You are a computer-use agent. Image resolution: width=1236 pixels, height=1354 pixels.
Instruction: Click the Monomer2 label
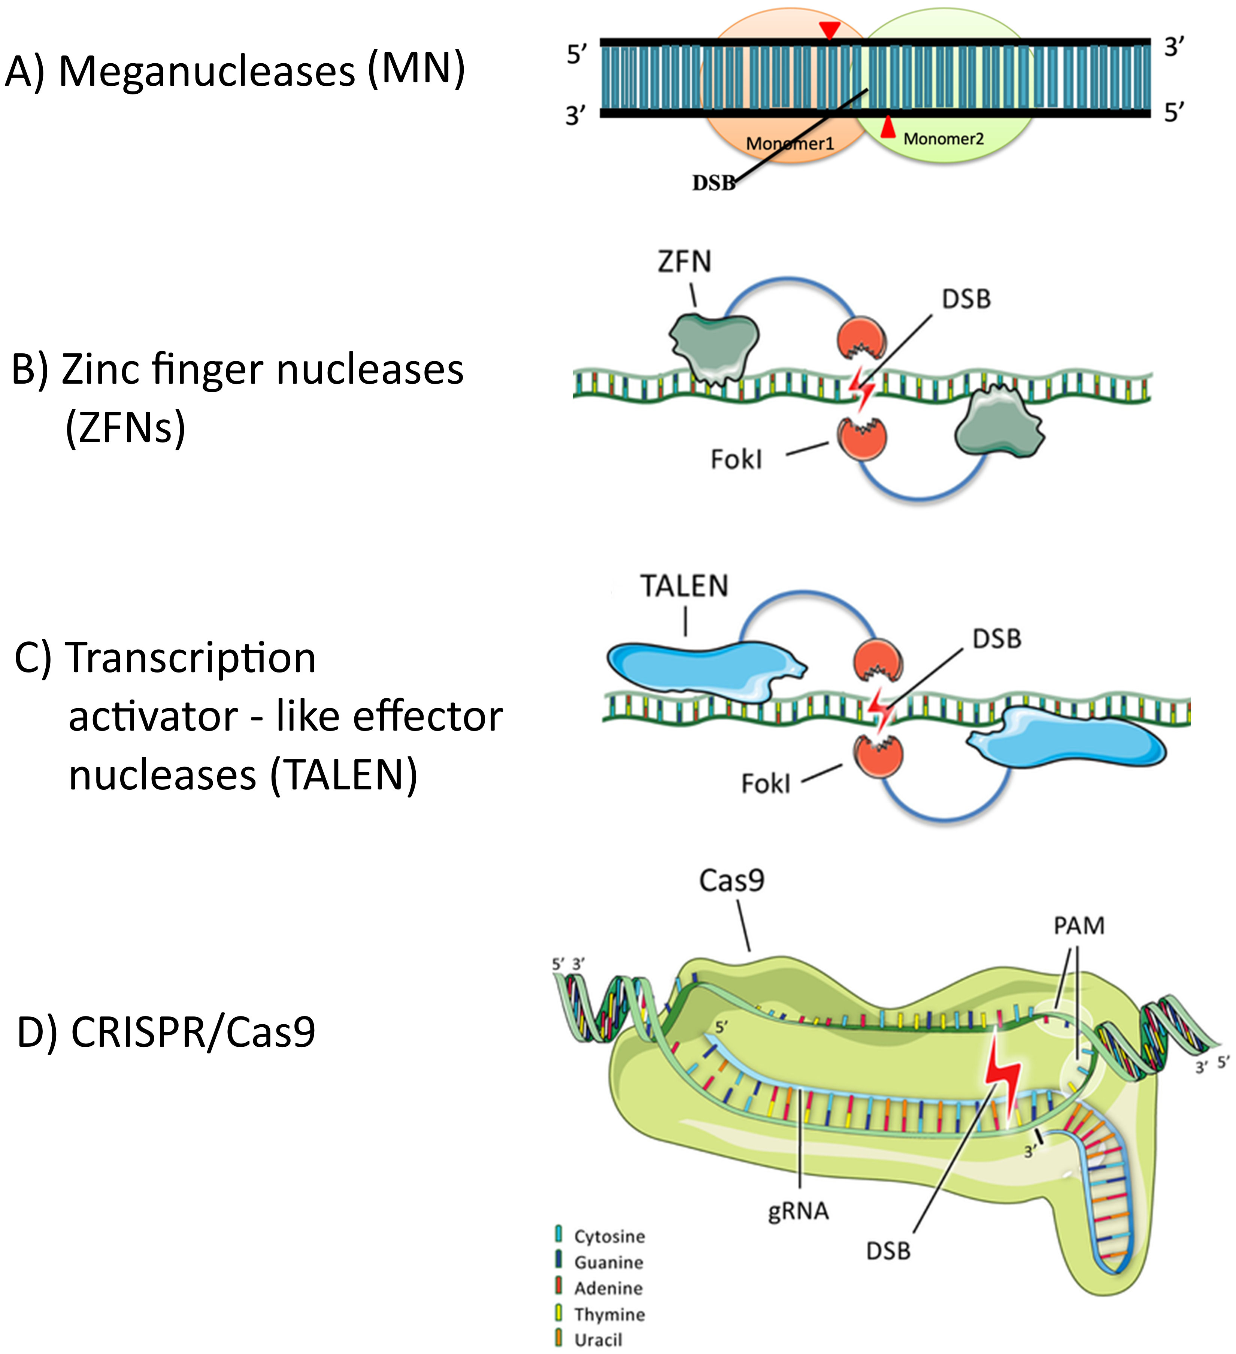coord(943,139)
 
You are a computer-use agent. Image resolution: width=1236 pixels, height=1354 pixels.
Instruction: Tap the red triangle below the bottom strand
coord(888,128)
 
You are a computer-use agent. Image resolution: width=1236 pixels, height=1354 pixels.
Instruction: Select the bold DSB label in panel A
coord(714,183)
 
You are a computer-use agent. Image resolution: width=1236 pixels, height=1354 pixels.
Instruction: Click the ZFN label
coord(684,261)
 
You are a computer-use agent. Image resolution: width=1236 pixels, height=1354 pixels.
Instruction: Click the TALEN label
coord(684,586)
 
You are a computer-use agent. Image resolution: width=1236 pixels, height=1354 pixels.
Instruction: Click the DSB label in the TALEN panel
coord(997,639)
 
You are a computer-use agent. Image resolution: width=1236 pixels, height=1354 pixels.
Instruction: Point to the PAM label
coord(1078,926)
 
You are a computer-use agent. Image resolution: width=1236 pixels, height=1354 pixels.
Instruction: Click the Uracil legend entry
coord(597,1340)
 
